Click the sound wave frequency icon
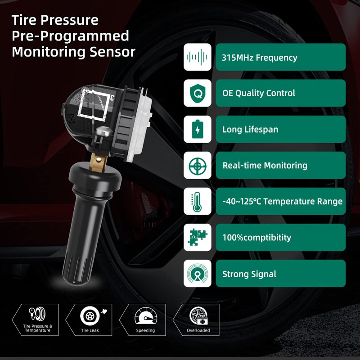tap(197, 57)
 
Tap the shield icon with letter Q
tap(197, 93)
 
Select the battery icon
tap(197, 130)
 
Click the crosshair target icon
tap(197, 166)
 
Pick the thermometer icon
tap(197, 201)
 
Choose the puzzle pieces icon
tap(197, 238)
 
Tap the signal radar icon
tap(197, 274)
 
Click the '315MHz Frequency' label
tap(260, 58)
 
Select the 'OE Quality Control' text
tap(259, 93)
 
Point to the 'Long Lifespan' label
tap(250, 130)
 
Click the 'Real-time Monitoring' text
tap(265, 166)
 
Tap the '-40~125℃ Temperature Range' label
tap(282, 202)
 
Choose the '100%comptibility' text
tap(256, 238)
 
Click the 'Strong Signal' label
tap(249, 274)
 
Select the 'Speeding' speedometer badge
tap(145, 319)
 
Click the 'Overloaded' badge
tap(198, 319)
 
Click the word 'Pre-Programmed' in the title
tap(70, 36)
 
